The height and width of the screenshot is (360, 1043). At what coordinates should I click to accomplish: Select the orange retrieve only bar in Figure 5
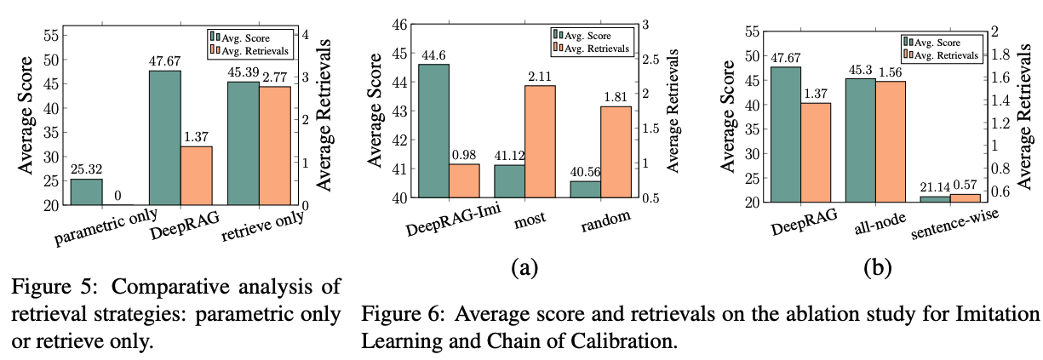click(x=275, y=146)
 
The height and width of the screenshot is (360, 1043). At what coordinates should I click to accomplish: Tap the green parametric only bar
click(x=86, y=192)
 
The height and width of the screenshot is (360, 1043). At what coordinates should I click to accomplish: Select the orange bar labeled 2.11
click(x=539, y=141)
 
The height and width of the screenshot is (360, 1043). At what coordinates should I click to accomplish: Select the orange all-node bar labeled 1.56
click(x=890, y=141)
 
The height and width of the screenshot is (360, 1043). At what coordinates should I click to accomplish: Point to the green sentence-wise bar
click(x=934, y=199)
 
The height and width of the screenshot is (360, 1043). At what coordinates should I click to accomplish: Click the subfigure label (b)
click(x=877, y=268)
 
